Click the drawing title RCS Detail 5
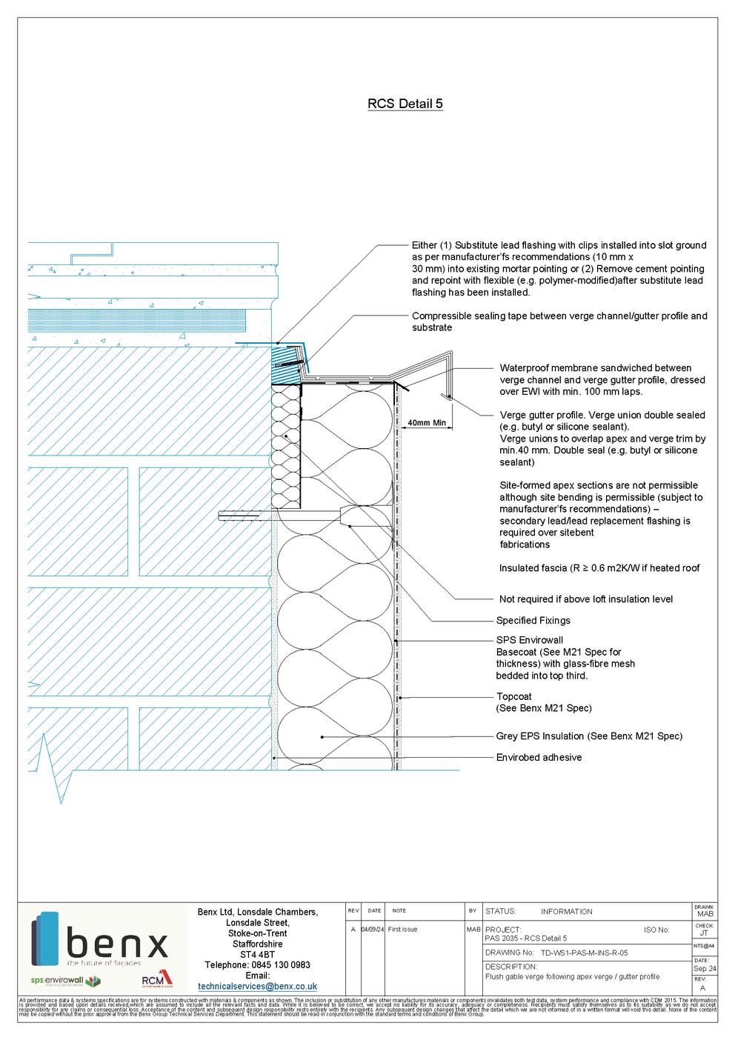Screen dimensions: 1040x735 405,104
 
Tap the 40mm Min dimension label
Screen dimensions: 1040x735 427,424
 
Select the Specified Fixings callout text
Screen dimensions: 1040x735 533,621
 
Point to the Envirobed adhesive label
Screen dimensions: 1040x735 539,758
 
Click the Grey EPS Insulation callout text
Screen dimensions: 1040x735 588,736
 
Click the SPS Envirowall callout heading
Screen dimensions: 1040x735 529,640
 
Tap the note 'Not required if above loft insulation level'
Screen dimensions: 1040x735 586,599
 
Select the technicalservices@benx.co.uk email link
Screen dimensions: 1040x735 257,987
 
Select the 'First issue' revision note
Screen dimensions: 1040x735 402,930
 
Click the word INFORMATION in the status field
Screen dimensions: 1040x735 566,912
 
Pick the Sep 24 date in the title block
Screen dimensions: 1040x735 705,969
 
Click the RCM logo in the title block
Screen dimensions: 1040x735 156,981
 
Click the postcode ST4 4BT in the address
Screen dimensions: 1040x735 257,955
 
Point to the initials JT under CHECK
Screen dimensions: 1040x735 703,934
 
